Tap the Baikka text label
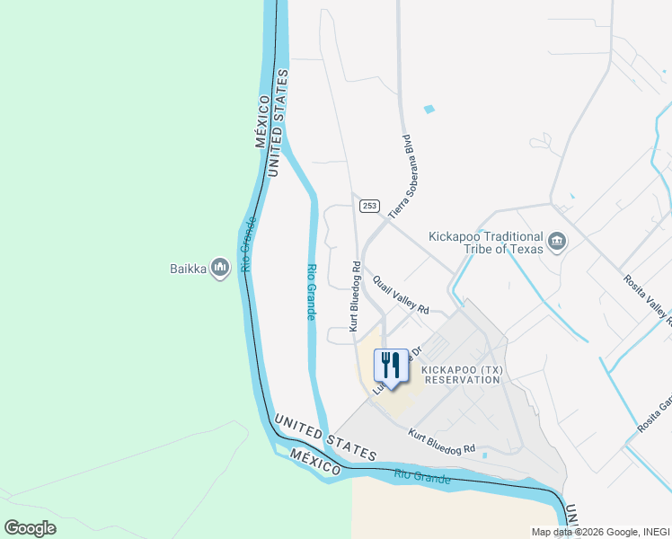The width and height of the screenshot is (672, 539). pyautogui.click(x=189, y=268)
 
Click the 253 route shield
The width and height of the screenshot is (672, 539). pyautogui.click(x=368, y=206)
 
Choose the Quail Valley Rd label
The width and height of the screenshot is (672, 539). pyautogui.click(x=401, y=295)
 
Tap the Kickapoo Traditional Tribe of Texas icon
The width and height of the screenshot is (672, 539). pyautogui.click(x=557, y=241)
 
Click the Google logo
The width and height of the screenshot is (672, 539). pyautogui.click(x=30, y=527)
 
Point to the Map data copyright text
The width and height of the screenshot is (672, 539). pyautogui.click(x=599, y=531)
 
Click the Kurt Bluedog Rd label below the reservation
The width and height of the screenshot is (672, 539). pyautogui.click(x=441, y=443)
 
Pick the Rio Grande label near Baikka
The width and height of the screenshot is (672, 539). pyautogui.click(x=249, y=244)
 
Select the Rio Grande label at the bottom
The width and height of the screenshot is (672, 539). pyautogui.click(x=421, y=476)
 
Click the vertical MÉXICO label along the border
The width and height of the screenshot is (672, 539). pyautogui.click(x=261, y=120)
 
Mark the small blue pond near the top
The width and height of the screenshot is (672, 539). pyautogui.click(x=429, y=110)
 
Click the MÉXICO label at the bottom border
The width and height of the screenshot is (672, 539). pyautogui.click(x=315, y=464)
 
